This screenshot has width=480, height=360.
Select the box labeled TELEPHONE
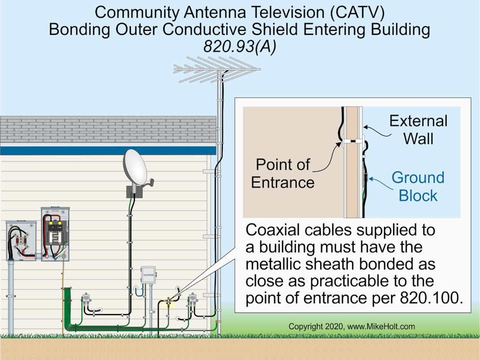tap(148, 275)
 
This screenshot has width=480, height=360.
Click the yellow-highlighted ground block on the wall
tap(168, 302)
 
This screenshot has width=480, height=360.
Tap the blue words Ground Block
tap(418, 187)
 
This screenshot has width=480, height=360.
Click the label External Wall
tap(418, 129)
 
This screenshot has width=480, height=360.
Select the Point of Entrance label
tap(282, 173)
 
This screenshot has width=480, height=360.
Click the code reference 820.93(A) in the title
tap(239, 46)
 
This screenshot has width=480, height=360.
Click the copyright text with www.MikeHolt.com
tap(352, 327)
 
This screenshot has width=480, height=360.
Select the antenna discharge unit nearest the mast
tap(192, 300)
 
